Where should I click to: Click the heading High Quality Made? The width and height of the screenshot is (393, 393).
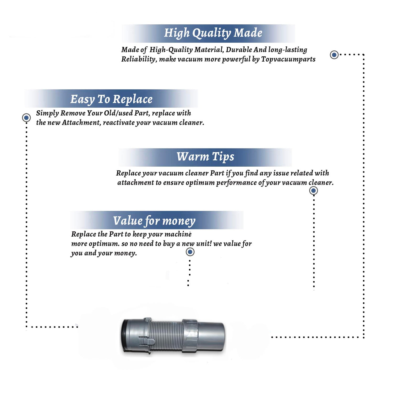pos(213,33)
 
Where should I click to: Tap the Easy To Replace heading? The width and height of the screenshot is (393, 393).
pos(111,100)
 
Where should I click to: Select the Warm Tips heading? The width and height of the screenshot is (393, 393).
pos(205,157)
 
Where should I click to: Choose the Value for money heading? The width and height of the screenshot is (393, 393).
pos(154,221)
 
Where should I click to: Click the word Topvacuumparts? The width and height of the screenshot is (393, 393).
pos(288,59)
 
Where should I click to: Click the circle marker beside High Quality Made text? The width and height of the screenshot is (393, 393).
pos(334,55)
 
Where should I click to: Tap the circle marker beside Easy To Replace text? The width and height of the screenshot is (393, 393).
pos(26,118)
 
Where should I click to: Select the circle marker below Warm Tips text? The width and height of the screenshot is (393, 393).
pos(314,190)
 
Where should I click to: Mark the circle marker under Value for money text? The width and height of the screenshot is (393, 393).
pos(190,252)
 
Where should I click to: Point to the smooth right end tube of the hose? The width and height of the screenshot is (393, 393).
pos(211,336)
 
